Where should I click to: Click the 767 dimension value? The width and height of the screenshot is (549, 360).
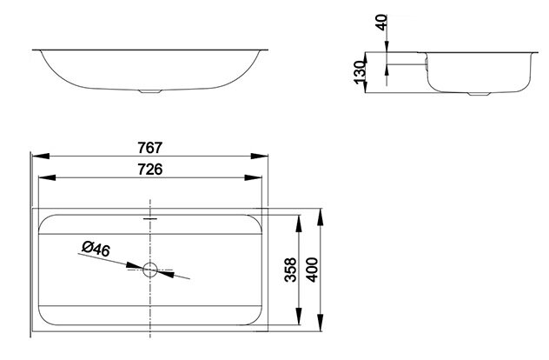tap(150, 148)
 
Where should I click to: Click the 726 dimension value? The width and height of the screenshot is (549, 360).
tap(150, 170)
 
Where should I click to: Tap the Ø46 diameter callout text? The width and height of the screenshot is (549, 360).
tap(96, 249)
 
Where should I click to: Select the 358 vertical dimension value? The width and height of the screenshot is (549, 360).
tap(290, 270)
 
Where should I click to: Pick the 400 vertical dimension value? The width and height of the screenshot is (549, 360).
tap(312, 270)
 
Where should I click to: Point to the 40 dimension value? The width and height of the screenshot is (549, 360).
tap(381, 22)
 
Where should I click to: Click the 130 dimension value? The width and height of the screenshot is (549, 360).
tap(360, 72)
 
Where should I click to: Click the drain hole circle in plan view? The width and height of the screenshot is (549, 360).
tap(150, 270)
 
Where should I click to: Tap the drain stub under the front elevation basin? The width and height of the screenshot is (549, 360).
tap(150, 91)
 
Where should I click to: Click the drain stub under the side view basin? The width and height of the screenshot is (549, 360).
tap(479, 94)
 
